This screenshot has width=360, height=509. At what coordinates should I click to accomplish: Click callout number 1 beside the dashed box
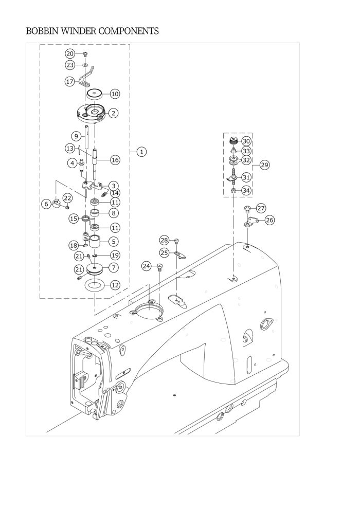[x=141, y=152]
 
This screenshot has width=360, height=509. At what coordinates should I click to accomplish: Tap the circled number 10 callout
[x=115, y=94]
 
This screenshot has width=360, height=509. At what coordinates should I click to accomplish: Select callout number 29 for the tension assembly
[x=264, y=165]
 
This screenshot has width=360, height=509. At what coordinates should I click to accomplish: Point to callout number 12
[x=115, y=285]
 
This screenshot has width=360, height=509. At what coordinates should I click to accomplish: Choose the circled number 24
[x=147, y=266]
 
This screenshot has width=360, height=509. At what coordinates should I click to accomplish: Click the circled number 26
[x=269, y=220]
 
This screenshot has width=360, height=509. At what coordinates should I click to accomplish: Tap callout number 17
[x=70, y=82]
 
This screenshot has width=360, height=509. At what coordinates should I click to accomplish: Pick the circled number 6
[x=47, y=204]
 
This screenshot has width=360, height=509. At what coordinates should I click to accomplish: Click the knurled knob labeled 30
[x=233, y=140]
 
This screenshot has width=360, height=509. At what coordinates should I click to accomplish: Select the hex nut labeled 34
[x=233, y=191]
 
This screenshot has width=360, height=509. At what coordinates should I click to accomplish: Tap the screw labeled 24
[x=160, y=267]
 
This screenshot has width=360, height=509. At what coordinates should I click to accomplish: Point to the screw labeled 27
[x=248, y=208]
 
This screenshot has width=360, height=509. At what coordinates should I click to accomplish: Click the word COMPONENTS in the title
[x=128, y=31]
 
